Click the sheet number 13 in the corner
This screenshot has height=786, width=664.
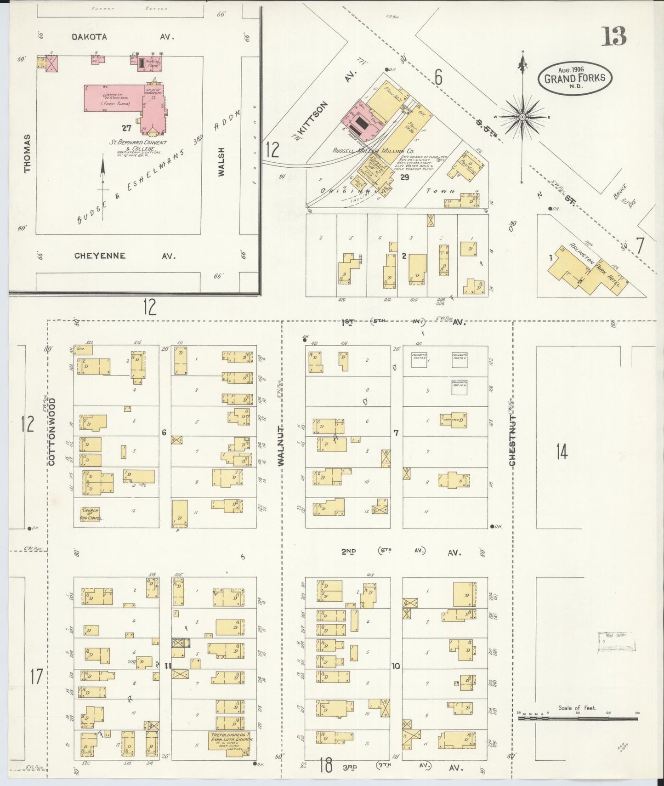614,36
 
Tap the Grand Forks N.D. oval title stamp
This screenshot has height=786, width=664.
574,78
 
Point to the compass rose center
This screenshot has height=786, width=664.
522,117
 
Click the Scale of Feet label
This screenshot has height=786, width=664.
577,708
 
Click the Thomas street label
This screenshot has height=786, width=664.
27,154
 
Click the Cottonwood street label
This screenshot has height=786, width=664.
51,432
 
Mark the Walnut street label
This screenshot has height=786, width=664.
281,445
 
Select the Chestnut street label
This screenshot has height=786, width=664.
512,441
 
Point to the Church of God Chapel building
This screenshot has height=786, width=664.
90,514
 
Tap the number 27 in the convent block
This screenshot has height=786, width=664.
126,128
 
